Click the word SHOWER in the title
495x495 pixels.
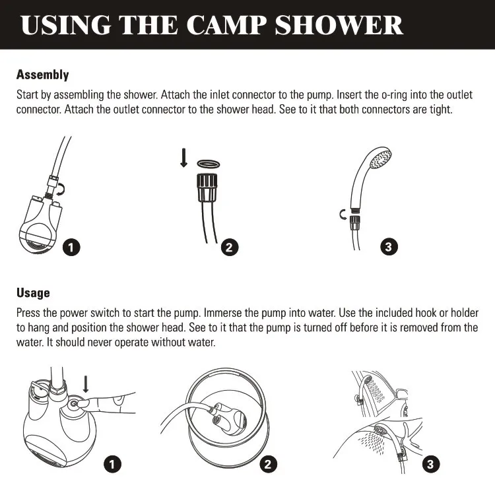[339, 25]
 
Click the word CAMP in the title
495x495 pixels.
[226, 25]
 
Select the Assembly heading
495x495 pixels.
[43, 75]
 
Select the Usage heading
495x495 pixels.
[33, 292]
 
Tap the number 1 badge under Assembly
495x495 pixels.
[71, 247]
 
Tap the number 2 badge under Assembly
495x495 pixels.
[230, 247]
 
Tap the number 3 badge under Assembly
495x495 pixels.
[389, 247]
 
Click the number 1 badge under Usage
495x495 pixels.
[112, 464]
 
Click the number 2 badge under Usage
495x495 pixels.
[268, 464]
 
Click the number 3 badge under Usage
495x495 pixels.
[430, 464]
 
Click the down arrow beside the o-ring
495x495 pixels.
[183, 158]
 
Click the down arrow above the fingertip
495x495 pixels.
[86, 384]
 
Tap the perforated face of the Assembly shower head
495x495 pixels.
[381, 158]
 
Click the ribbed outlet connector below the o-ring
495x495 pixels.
[208, 187]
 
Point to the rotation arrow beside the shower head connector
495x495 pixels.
[343, 214]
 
